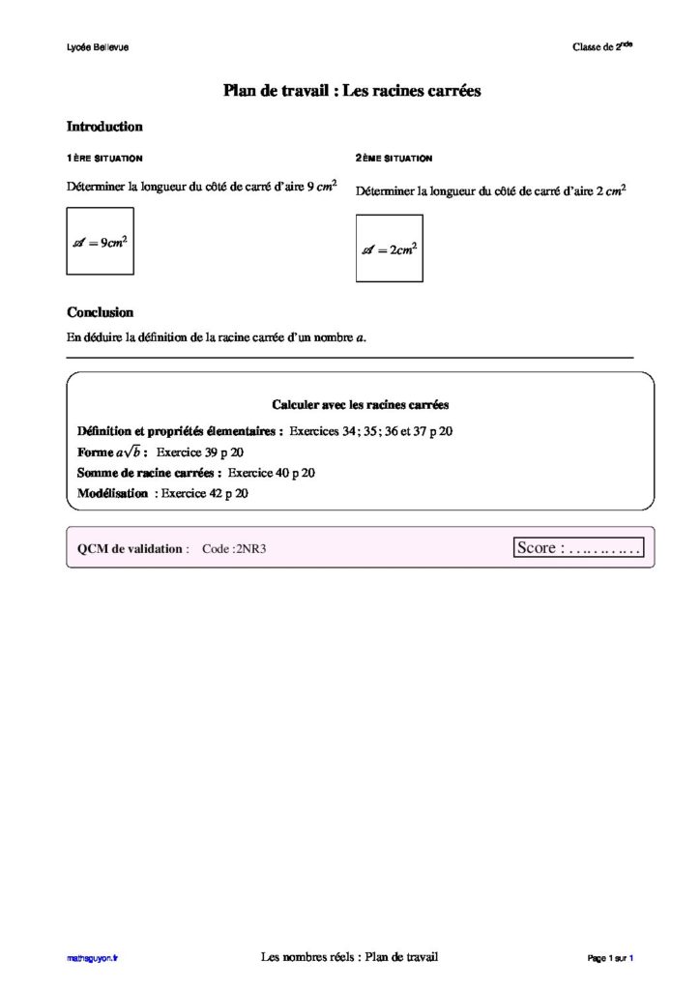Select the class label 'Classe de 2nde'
coord(601,47)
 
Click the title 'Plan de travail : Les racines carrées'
coord(352,91)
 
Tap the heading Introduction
coord(104,127)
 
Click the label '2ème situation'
coord(394,158)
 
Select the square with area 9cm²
coord(100,241)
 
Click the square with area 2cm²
coord(389,248)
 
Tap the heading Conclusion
coord(101,313)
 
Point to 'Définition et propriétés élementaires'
coord(180,431)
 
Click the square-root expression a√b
coord(128,452)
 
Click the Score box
coord(579,548)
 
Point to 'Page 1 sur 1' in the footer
coord(609,958)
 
